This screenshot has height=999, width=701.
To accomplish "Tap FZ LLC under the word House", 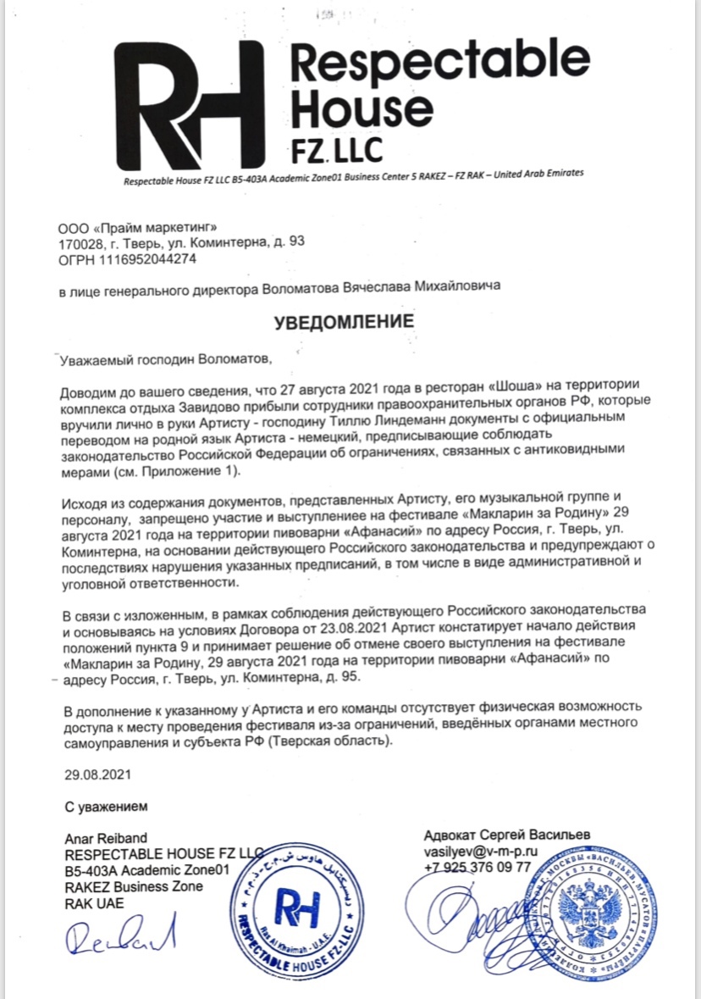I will coord(337,149).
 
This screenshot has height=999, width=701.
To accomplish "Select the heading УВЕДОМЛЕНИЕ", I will coord(343,322).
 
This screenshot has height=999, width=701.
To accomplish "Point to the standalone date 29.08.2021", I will coord(97,774).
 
